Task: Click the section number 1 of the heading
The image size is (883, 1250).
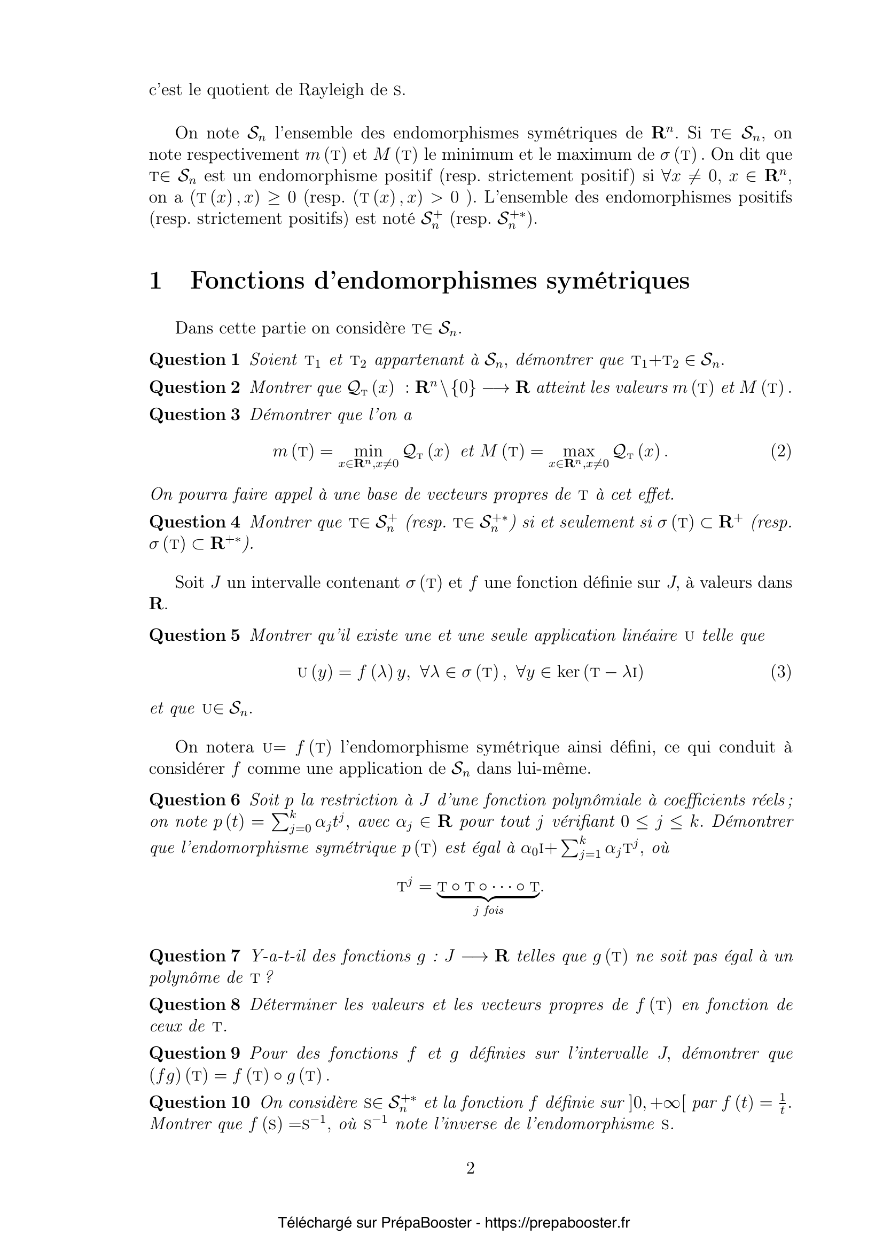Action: pyautogui.click(x=155, y=281)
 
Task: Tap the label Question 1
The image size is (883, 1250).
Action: pyautogui.click(x=194, y=359)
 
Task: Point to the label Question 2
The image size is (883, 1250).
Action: pyautogui.click(x=194, y=387)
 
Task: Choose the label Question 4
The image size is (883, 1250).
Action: pyautogui.click(x=194, y=522)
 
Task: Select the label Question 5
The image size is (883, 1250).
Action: pyautogui.click(x=194, y=635)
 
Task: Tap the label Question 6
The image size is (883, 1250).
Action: pyautogui.click(x=194, y=800)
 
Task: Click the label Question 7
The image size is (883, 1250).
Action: pyautogui.click(x=194, y=956)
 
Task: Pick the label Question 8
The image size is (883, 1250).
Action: pyautogui.click(x=194, y=1005)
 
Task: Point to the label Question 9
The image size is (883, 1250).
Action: pyautogui.click(x=194, y=1053)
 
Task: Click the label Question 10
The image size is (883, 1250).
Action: pyautogui.click(x=199, y=1102)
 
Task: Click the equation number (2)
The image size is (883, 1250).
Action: pyautogui.click(x=781, y=452)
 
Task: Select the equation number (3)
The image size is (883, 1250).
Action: pyautogui.click(x=781, y=672)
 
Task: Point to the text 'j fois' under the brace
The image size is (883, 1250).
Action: pyautogui.click(x=488, y=910)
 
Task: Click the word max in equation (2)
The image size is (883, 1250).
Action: pyautogui.click(x=579, y=452)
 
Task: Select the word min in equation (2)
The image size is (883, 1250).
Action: pyautogui.click(x=369, y=452)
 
